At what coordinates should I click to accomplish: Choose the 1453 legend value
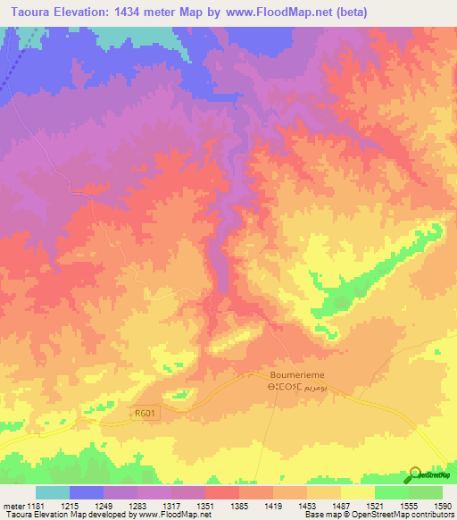point(307,506)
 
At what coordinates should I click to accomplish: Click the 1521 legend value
point(375,506)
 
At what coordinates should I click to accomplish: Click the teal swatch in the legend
point(53,492)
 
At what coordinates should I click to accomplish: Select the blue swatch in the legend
point(87,492)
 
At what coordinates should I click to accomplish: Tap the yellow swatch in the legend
point(358,492)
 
